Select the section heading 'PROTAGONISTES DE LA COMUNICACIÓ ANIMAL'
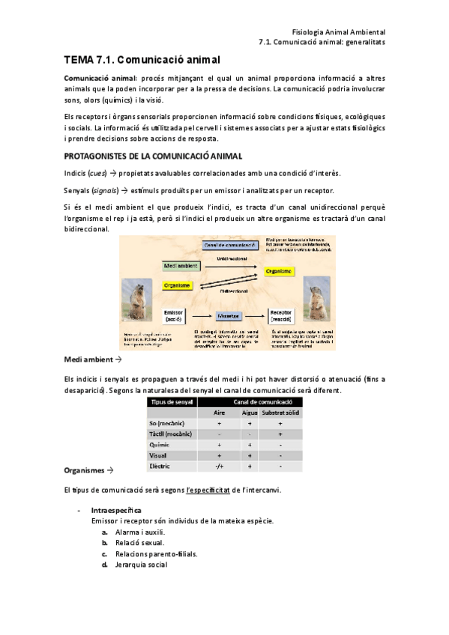(153, 156)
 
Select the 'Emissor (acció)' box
(174, 316)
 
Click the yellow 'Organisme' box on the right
(277, 272)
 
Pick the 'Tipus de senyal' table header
(171, 402)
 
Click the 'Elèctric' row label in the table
(160, 466)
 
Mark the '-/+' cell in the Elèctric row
(219, 466)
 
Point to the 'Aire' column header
(219, 413)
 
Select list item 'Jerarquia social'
(141, 565)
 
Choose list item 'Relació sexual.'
(139, 542)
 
